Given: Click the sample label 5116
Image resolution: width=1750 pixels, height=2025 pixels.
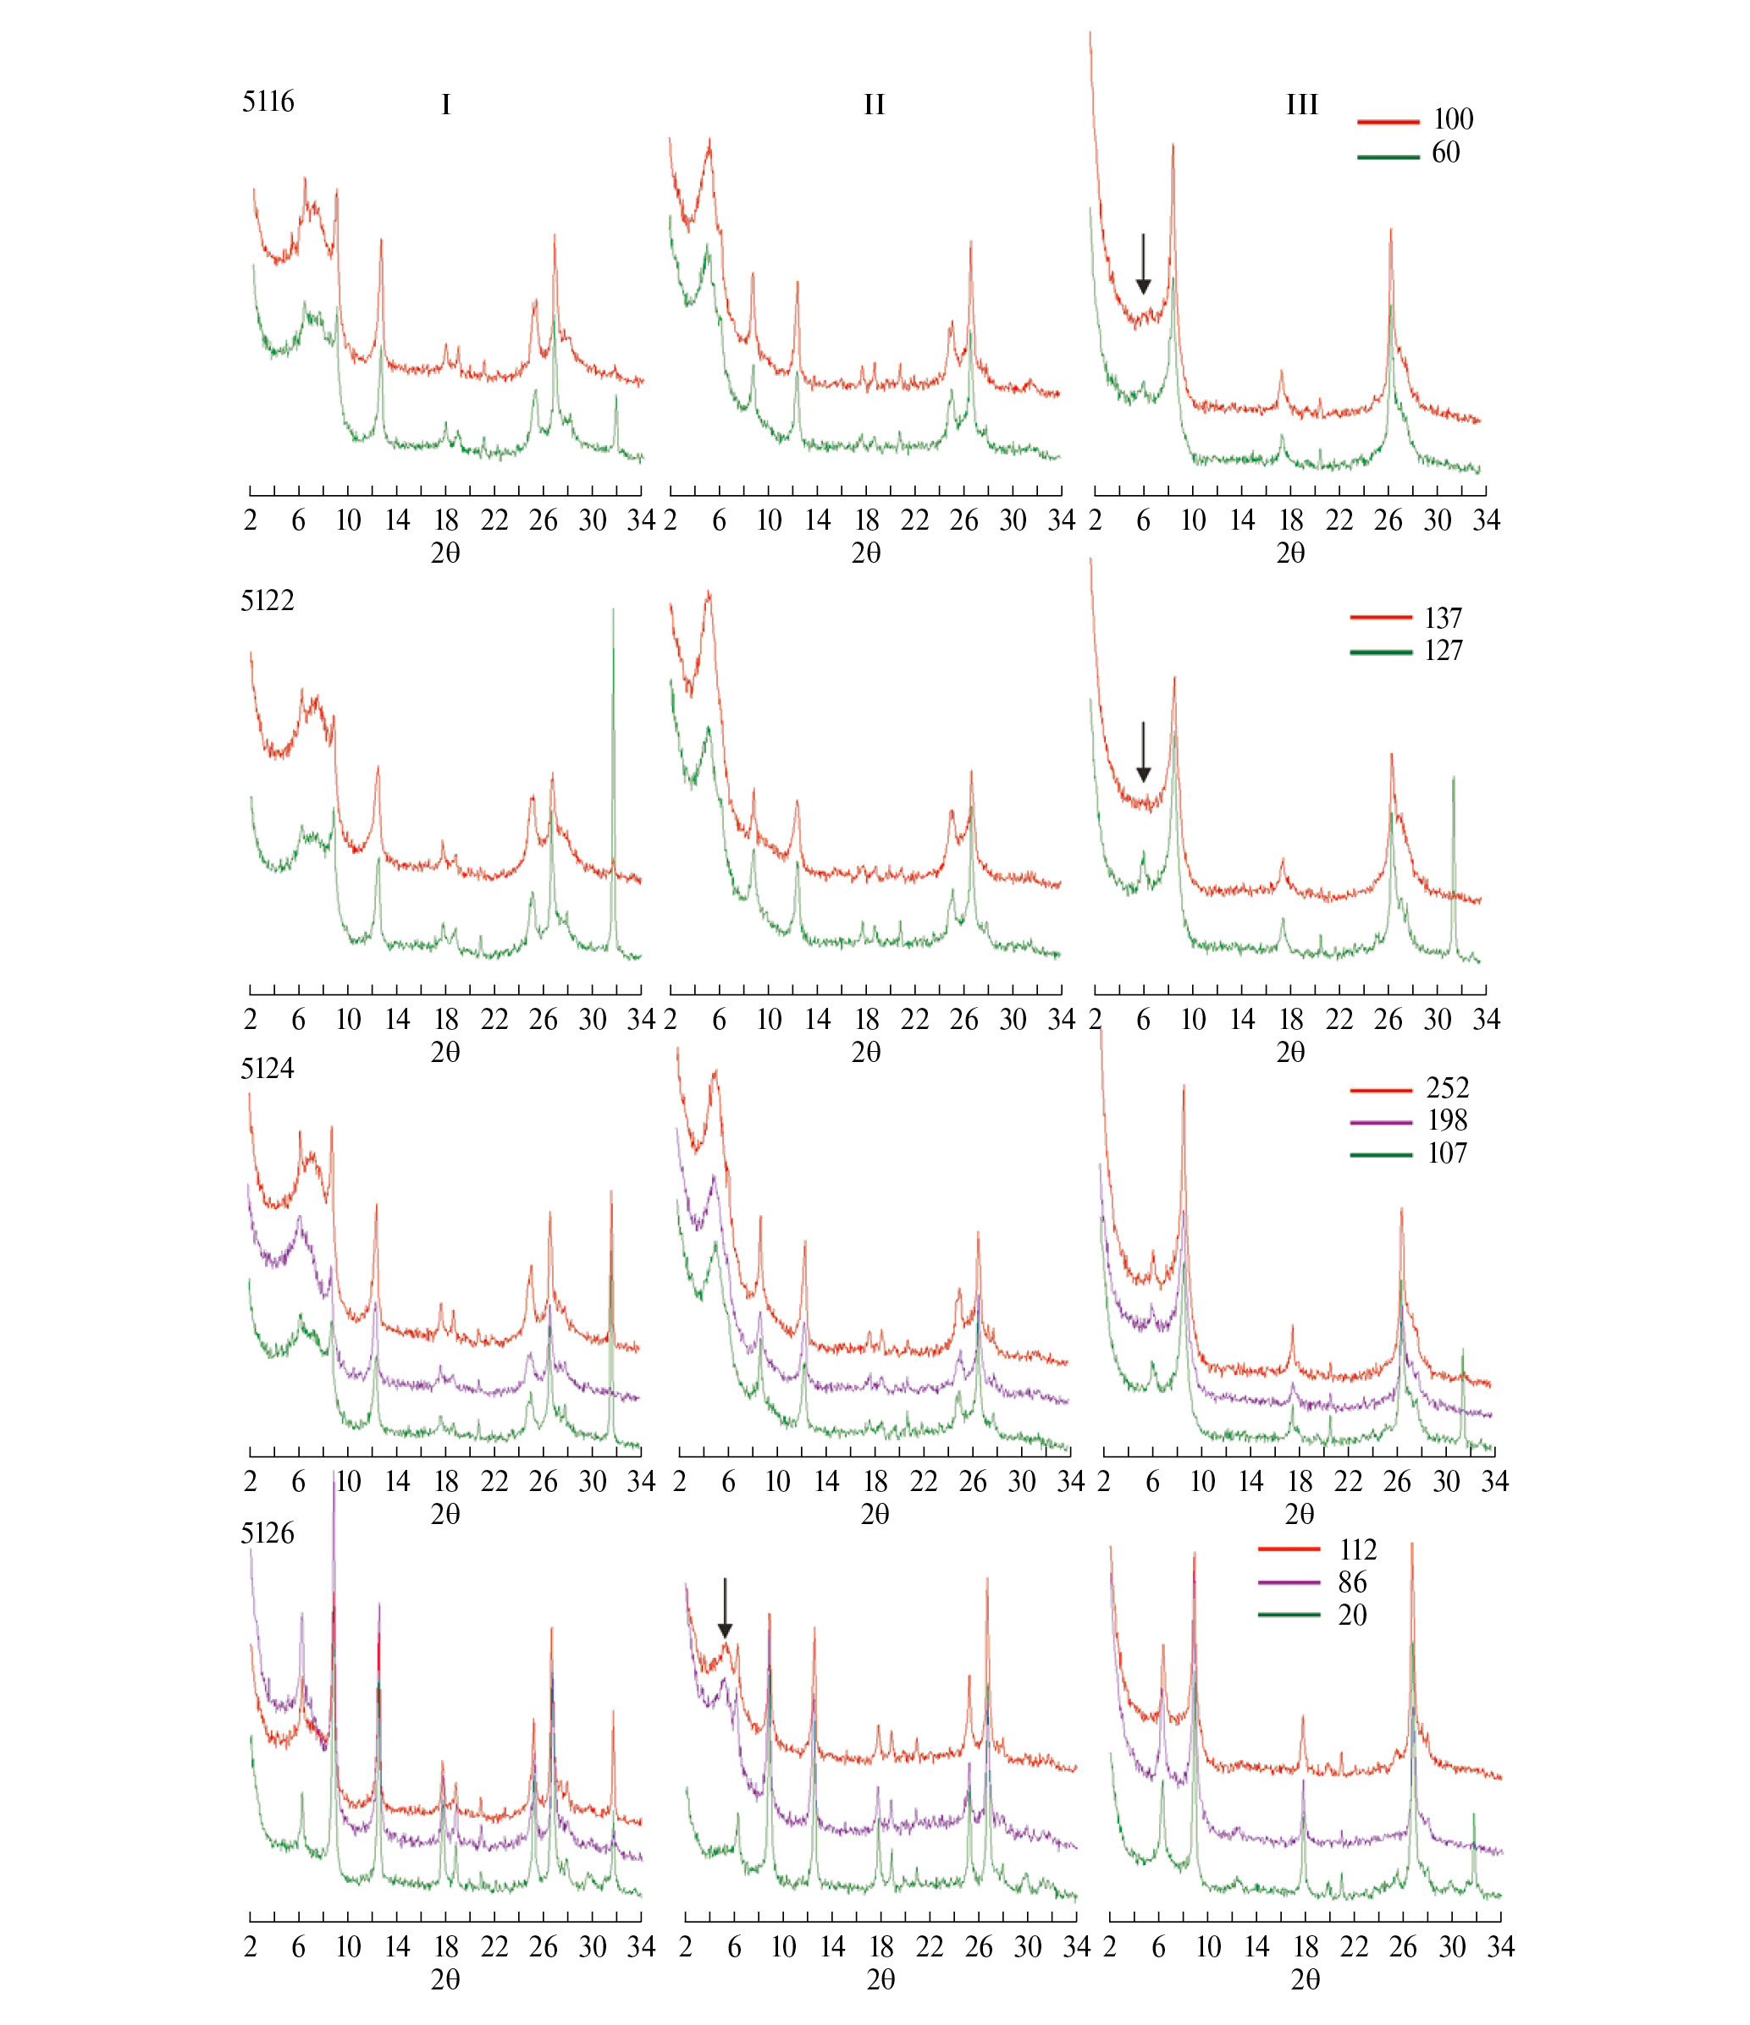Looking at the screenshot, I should [x=268, y=102].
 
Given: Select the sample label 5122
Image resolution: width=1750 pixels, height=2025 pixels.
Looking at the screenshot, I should [x=267, y=600].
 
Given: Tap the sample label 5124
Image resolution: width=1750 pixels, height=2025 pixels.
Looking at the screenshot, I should [x=267, y=1068].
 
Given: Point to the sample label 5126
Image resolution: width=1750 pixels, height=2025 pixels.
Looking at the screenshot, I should [x=267, y=1533].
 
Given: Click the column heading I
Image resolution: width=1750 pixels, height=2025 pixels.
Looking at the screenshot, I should [x=446, y=105].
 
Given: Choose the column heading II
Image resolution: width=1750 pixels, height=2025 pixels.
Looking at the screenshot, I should [x=873, y=105].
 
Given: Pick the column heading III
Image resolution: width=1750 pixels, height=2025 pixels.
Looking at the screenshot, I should [x=1301, y=105].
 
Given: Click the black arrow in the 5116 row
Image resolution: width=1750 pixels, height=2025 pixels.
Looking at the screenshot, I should [x=1143, y=264].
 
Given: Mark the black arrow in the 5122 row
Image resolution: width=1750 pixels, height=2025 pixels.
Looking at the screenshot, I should [x=1143, y=752].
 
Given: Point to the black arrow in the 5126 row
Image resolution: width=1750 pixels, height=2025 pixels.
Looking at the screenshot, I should [x=725, y=1608].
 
